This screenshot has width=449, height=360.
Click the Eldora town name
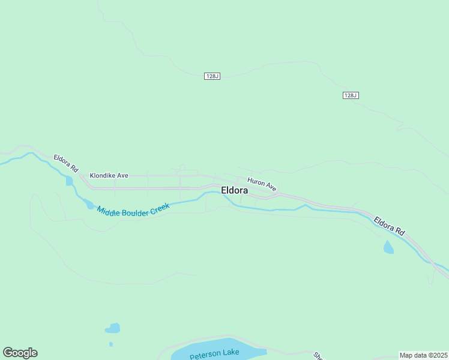coord(235,190)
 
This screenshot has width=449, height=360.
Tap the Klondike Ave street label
coord(109,176)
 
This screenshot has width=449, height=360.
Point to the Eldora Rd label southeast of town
coord(390,226)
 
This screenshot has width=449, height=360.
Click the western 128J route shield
coord(212,76)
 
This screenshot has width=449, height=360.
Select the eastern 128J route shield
coord(351,95)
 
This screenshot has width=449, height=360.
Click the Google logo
coord(20,353)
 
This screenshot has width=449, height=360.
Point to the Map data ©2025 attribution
coord(423,355)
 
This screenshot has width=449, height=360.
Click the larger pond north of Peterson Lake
coord(112,328)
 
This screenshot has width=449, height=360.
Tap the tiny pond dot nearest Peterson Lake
coord(111,344)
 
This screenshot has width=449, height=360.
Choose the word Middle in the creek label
coord(107,211)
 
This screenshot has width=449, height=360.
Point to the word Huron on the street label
coord(256,181)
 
